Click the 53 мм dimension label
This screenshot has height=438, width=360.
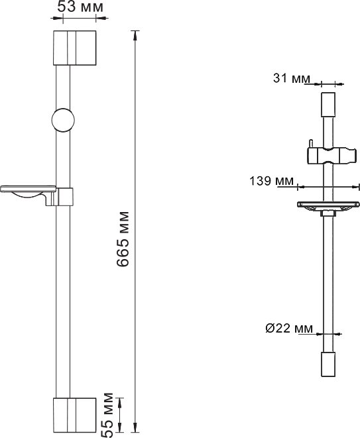[80, 7]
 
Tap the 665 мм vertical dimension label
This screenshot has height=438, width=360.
[123, 239]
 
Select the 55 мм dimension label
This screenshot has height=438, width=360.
[107, 415]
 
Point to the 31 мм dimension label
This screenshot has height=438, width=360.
[292, 78]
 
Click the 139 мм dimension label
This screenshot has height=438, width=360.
[272, 181]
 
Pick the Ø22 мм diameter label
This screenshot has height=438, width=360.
[289, 328]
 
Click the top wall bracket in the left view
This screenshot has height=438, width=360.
[75, 48]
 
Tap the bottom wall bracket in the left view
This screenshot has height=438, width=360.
[75, 415]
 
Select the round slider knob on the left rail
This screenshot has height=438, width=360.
[63, 120]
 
